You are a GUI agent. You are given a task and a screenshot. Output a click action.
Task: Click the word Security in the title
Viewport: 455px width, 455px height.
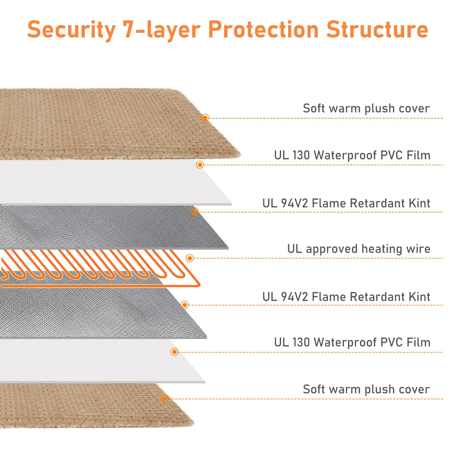click(x=71, y=30)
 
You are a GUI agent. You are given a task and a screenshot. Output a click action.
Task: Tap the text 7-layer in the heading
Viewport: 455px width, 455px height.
click(x=162, y=29)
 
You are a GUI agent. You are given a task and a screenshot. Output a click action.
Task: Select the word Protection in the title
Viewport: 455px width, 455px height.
click(x=263, y=29)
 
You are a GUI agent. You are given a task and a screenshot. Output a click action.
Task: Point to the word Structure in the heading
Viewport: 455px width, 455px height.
click(x=377, y=29)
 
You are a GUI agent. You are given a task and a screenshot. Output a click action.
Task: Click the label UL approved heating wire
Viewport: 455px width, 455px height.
click(x=359, y=249)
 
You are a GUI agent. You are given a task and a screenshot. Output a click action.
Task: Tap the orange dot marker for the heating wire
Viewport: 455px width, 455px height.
click(x=190, y=258)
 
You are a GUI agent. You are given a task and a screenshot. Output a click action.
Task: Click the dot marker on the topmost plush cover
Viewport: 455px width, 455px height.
click(x=205, y=117)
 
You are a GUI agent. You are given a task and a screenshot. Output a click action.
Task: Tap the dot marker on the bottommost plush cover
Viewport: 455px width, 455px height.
click(x=164, y=399)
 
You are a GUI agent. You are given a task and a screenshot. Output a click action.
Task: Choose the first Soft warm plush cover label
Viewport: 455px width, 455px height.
click(x=366, y=109)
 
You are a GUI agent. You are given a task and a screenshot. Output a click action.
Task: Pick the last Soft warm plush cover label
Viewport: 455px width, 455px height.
click(x=366, y=389)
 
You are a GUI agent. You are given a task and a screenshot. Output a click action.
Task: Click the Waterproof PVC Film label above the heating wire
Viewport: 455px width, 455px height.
click(x=352, y=155)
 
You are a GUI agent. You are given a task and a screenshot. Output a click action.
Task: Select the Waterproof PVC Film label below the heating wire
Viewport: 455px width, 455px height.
click(x=352, y=343)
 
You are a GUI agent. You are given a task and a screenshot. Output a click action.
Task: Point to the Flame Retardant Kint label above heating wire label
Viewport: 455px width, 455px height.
click(x=346, y=203)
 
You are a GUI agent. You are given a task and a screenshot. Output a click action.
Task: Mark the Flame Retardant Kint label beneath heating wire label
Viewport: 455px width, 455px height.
click(x=346, y=297)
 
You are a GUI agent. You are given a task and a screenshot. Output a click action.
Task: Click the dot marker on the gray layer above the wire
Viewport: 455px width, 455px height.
click(x=195, y=211)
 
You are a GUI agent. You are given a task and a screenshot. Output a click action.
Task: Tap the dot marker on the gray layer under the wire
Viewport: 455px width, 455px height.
click(x=185, y=305)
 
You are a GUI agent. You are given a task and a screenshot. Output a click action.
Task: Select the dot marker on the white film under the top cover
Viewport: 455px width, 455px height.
click(x=200, y=165)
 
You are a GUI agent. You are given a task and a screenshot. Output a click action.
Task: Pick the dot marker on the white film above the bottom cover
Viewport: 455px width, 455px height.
click(x=174, y=352)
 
